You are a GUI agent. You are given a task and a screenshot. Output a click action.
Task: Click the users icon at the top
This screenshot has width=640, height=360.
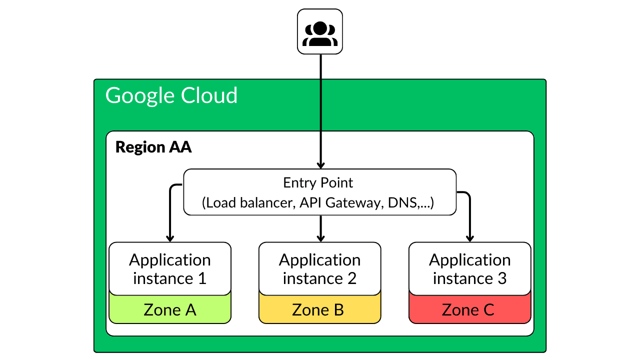coord(320,31)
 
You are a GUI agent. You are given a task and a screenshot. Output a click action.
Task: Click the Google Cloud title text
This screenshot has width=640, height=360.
coord(171,95)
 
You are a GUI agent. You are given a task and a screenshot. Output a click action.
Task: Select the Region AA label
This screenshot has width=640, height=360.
coord(153,147)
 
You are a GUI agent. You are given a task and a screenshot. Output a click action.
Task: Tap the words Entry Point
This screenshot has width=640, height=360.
coord(318,183)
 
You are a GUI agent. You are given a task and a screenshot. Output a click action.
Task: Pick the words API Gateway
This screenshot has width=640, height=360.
coord(339,203)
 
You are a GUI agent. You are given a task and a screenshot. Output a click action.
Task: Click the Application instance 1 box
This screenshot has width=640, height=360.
coord(170,268)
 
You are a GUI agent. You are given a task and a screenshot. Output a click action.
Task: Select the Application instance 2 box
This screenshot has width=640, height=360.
coord(320,268)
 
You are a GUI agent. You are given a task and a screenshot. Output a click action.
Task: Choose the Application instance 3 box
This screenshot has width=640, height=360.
coord(470,268)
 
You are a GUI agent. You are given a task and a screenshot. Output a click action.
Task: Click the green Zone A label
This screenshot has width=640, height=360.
coord(170,310)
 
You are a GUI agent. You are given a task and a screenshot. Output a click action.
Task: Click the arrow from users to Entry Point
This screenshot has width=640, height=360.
coord(320,110)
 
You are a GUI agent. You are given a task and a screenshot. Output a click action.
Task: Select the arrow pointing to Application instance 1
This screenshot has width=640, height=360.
coord(170,215)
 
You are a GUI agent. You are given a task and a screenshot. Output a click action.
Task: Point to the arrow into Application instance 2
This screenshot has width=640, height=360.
coord(320,229)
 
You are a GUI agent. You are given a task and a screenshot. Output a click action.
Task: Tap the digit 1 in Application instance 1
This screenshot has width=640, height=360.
coord(202,278)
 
